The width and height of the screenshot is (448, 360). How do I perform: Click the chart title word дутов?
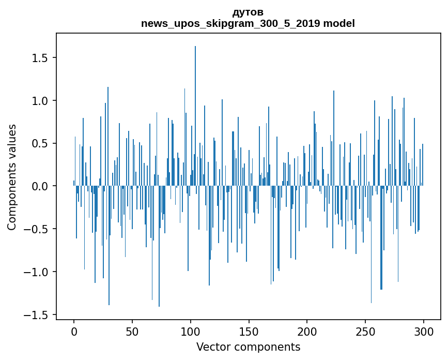point(248,12)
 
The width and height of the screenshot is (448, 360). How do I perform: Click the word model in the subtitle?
point(339,23)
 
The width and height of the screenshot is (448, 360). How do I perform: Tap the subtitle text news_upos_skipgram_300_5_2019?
point(230,23)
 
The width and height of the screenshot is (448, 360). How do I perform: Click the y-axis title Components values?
point(12,177)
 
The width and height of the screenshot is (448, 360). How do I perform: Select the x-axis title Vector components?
point(248,347)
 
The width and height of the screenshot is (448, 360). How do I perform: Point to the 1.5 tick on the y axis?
point(40,57)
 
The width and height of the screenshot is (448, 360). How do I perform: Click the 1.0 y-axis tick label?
point(40,100)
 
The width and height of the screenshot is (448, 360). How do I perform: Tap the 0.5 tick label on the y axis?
point(40,143)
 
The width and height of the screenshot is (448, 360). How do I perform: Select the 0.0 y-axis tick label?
point(40,186)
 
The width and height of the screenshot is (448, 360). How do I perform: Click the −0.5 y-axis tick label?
point(37,229)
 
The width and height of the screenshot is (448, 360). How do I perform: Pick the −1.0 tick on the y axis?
point(37,272)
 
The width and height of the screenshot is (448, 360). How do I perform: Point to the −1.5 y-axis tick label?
point(37,315)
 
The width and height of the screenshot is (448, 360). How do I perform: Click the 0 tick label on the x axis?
point(74,331)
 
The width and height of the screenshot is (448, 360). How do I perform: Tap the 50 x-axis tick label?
point(132,331)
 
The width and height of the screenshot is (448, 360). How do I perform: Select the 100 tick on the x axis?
point(191,331)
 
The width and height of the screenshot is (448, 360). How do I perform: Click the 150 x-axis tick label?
point(249,331)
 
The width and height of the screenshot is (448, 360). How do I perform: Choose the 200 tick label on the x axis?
point(307,331)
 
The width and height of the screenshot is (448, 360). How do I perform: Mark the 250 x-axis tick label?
point(365,331)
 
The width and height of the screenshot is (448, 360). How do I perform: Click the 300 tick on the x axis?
point(424,331)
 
